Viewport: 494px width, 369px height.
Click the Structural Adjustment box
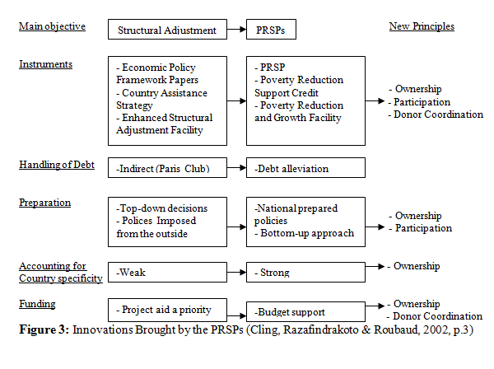(167, 30)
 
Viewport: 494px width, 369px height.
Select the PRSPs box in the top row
(271, 30)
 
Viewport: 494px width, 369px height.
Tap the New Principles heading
(422, 26)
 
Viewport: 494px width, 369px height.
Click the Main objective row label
(52, 26)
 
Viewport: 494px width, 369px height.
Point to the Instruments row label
(45, 64)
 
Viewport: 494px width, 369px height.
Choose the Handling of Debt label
(57, 165)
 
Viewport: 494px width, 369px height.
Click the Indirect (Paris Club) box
(167, 168)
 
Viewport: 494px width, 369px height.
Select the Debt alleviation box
(305, 168)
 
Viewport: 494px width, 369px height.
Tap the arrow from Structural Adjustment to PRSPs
(236, 30)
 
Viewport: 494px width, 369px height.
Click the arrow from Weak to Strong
(236, 273)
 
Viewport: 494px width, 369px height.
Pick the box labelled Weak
(167, 273)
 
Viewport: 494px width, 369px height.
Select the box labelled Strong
(305, 273)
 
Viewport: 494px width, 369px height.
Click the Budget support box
(305, 312)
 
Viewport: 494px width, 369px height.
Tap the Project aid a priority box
(167, 310)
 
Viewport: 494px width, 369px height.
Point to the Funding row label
(37, 304)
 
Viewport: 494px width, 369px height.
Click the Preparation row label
(44, 203)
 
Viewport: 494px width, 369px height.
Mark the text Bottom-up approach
(307, 233)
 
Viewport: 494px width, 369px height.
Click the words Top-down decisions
(162, 208)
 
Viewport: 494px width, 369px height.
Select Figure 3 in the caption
(44, 329)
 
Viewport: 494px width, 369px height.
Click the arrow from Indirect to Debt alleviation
(236, 168)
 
